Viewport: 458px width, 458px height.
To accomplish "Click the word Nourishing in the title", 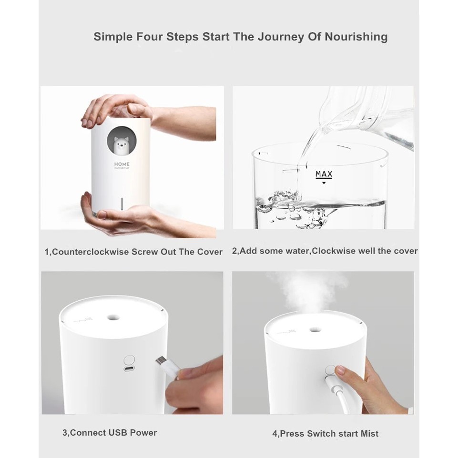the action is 356,37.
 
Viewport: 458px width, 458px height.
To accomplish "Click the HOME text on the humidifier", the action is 122,164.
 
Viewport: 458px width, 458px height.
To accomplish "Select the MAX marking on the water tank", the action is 324,174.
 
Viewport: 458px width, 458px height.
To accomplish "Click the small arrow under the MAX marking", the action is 324,183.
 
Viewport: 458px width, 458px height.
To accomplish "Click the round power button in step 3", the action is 129,359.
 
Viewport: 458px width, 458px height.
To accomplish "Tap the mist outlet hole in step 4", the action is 314,330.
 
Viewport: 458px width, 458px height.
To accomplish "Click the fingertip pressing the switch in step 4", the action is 340,370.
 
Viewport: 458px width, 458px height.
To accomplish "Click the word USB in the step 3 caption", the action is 118,433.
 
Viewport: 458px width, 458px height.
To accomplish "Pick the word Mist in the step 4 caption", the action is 369,434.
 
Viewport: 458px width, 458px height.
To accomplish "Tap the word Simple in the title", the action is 113,37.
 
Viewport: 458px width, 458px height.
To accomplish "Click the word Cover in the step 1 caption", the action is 210,252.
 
